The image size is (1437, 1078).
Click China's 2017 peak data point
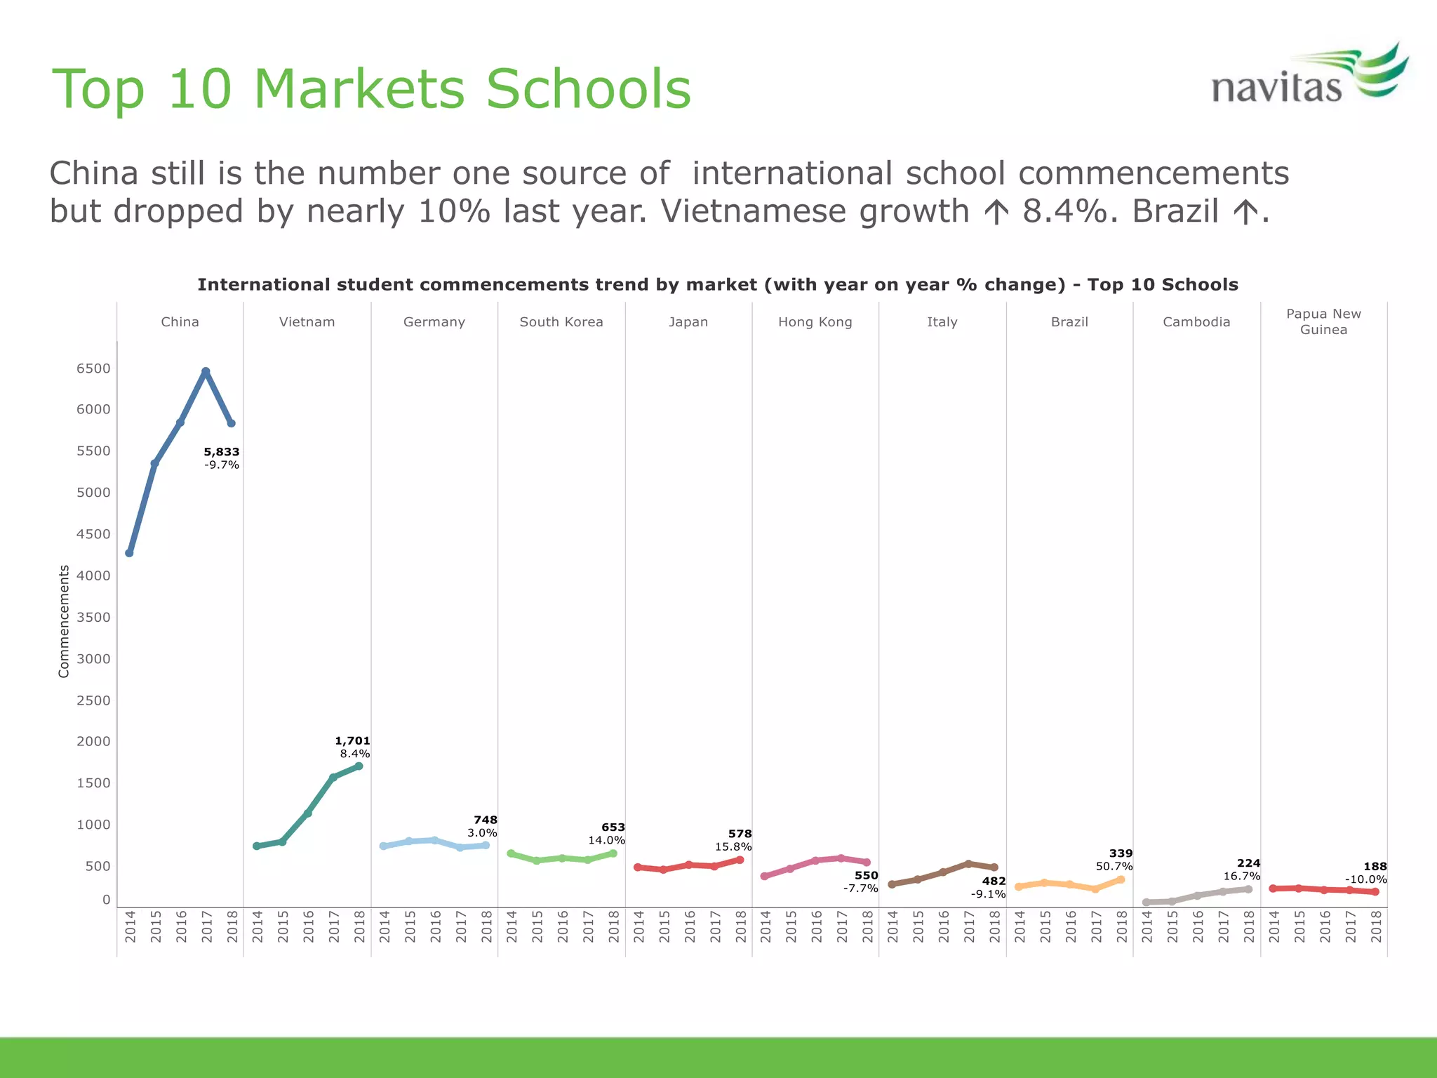tap(206, 371)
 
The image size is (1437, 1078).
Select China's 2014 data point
tap(129, 553)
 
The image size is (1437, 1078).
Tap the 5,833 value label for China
tap(222, 452)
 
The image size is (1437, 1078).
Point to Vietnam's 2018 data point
tap(359, 766)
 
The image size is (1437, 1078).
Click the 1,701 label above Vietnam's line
tap(352, 740)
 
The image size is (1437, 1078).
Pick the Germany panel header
tap(434, 322)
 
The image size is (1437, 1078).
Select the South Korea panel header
tap(561, 322)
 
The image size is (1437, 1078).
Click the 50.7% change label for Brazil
tap(1114, 866)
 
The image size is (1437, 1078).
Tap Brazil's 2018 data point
tap(1121, 879)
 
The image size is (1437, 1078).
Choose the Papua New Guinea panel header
tap(1323, 321)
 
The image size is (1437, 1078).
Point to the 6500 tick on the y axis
tap(93, 368)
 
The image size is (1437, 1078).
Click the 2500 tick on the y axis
tap(93, 700)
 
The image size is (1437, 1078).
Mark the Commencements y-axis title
tap(65, 621)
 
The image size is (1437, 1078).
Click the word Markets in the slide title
tap(359, 89)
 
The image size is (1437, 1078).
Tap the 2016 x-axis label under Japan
tap(690, 926)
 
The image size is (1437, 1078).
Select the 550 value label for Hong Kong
tap(867, 875)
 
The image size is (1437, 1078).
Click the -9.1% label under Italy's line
tap(988, 894)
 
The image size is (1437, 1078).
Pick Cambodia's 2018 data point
tap(1248, 889)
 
